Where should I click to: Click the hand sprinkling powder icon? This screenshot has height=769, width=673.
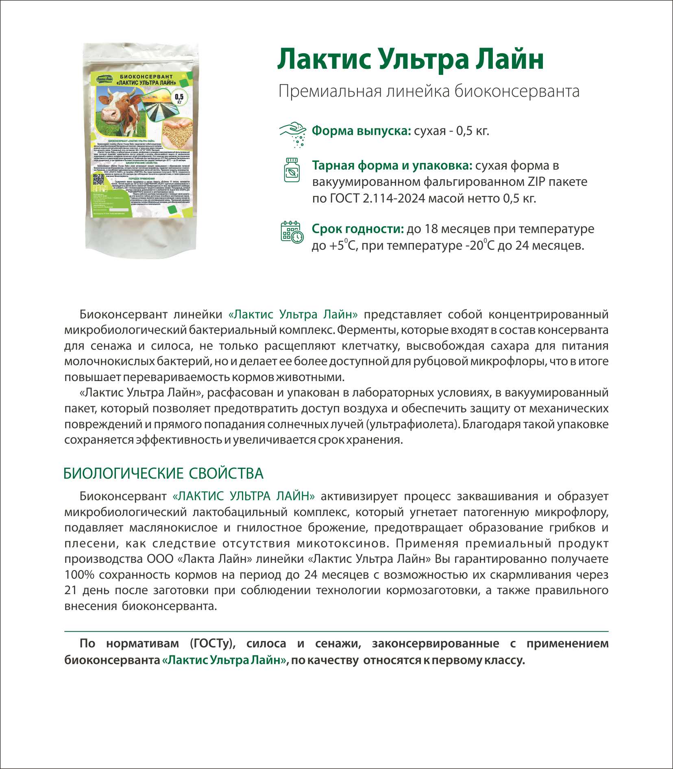coord(293,133)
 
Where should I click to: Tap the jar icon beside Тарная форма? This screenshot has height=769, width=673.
coord(292,170)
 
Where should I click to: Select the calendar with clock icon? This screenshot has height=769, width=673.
coord(292,232)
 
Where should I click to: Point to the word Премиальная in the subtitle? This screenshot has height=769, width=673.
coord(330,91)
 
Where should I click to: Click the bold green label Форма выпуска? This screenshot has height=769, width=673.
coord(361,131)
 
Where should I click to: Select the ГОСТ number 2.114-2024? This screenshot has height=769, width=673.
coord(390,198)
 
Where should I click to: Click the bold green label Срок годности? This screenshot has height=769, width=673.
coord(357,229)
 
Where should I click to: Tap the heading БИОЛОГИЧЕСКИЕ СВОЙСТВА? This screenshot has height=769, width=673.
coord(163,474)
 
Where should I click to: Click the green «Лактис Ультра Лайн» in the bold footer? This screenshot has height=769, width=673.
coord(224,660)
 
